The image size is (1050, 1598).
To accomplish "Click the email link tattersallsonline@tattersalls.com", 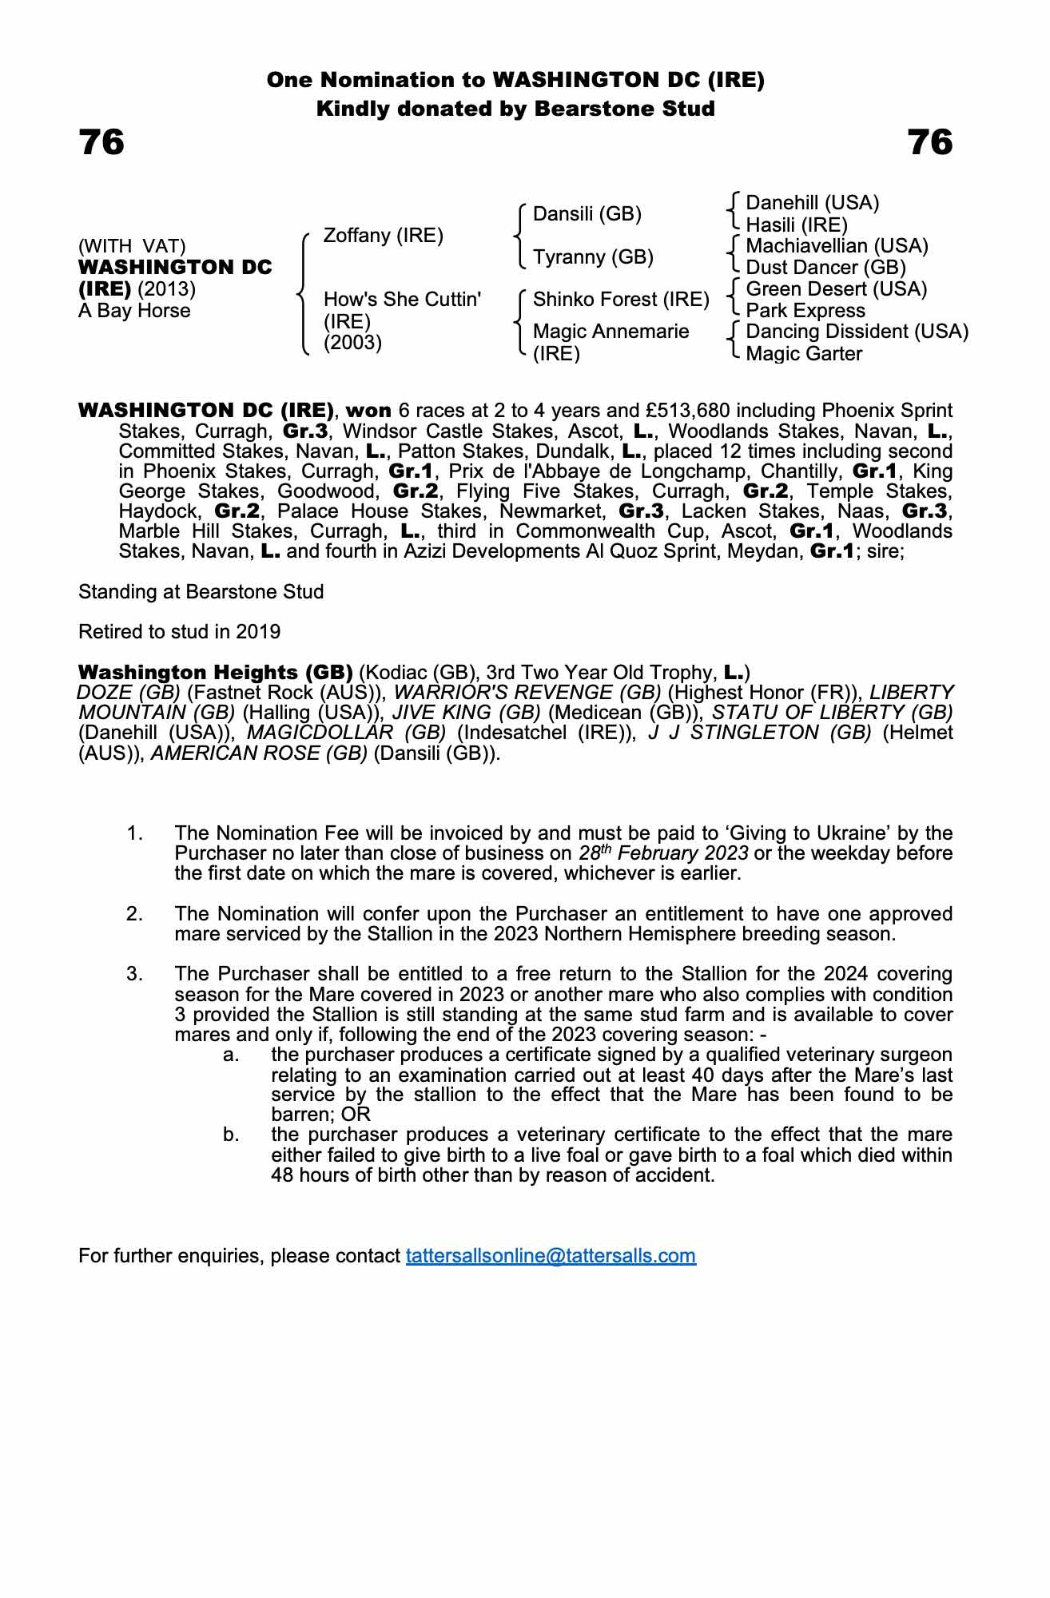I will pos(551,1255).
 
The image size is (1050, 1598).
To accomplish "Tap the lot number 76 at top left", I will pos(101,143).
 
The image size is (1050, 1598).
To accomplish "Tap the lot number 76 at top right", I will pos(930,143).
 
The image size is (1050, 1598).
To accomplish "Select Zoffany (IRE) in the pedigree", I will pos(383,236).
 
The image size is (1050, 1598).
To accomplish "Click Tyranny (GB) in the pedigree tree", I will pos(593,257).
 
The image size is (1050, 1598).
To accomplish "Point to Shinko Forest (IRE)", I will pos(621,300).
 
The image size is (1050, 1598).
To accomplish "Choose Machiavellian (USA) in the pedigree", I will pos(837,246).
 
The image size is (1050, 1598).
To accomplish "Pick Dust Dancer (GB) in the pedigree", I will pos(825,268).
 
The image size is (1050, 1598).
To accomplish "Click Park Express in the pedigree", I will pos(805,311).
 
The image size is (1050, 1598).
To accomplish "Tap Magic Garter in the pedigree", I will pos(803,354).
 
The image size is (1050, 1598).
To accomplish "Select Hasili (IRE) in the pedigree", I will pos(796,225).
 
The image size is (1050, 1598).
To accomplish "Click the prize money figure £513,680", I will pos(691,411).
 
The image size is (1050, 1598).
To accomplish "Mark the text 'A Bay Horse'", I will pos(134,311).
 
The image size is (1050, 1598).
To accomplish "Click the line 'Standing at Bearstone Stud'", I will pos(201,592).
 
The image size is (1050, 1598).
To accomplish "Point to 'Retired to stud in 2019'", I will pos(179,632).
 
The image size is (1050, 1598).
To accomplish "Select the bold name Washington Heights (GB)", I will pos(215,672).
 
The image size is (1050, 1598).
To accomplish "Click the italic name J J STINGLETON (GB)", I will pos(760,733).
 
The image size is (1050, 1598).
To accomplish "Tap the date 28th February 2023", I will pos(663,853).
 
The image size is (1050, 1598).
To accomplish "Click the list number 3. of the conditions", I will pos(134,974).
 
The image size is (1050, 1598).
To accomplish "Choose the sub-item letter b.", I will pos(231,1135).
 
